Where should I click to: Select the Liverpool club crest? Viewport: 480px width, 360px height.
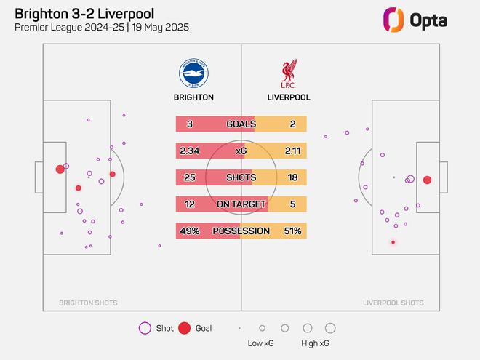tap(288, 73)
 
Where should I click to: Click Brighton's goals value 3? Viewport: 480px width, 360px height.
tap(190, 124)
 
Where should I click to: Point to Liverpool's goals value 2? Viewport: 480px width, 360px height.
tap(292, 124)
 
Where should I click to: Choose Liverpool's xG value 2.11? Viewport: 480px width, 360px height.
tap(292, 151)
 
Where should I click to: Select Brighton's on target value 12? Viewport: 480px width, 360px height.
tap(190, 205)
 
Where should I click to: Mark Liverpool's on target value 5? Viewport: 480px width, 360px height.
tap(292, 205)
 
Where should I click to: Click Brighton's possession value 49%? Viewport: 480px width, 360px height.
tap(190, 231)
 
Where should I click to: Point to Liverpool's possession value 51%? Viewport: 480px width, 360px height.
tap(292, 231)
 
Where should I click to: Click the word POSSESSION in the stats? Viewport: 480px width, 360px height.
tap(241, 231)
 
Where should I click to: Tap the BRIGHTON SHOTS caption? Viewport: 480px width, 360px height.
tap(88, 303)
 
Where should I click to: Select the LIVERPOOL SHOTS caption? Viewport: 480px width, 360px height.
tap(393, 303)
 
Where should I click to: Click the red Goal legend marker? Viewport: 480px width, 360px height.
tap(185, 328)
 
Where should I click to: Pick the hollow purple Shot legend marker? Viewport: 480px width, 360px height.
tap(145, 328)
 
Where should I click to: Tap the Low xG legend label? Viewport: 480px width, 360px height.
tap(261, 343)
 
